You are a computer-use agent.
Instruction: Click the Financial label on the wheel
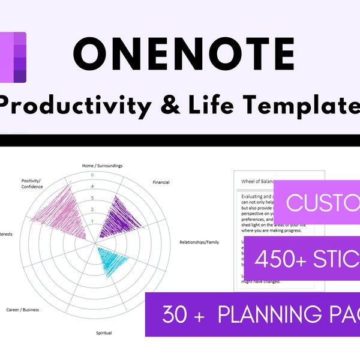161,182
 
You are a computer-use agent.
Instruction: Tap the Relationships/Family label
199,242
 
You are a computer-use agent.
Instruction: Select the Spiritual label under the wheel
103,332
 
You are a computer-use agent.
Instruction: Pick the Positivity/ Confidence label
32,182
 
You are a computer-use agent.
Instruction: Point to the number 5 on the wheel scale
92,175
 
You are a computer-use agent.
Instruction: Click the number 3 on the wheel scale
92,198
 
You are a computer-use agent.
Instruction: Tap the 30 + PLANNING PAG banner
253,314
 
